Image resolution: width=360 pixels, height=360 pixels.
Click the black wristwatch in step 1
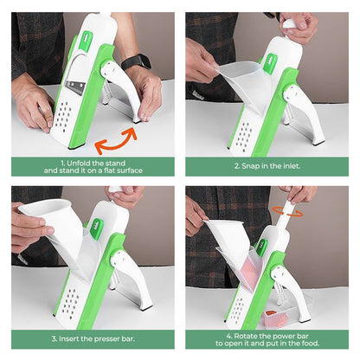tap(136, 62)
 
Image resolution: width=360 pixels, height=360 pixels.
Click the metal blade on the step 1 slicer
tap(75, 87)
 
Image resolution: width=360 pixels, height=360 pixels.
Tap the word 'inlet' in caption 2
tap(291, 166)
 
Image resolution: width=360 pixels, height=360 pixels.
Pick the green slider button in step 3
tap(97, 229)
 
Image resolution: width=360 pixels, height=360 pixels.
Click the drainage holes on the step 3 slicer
tap(71, 301)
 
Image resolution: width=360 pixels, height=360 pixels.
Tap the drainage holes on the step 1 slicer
tap(63, 115)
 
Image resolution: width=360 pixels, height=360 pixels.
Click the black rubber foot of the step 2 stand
tap(318, 143)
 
